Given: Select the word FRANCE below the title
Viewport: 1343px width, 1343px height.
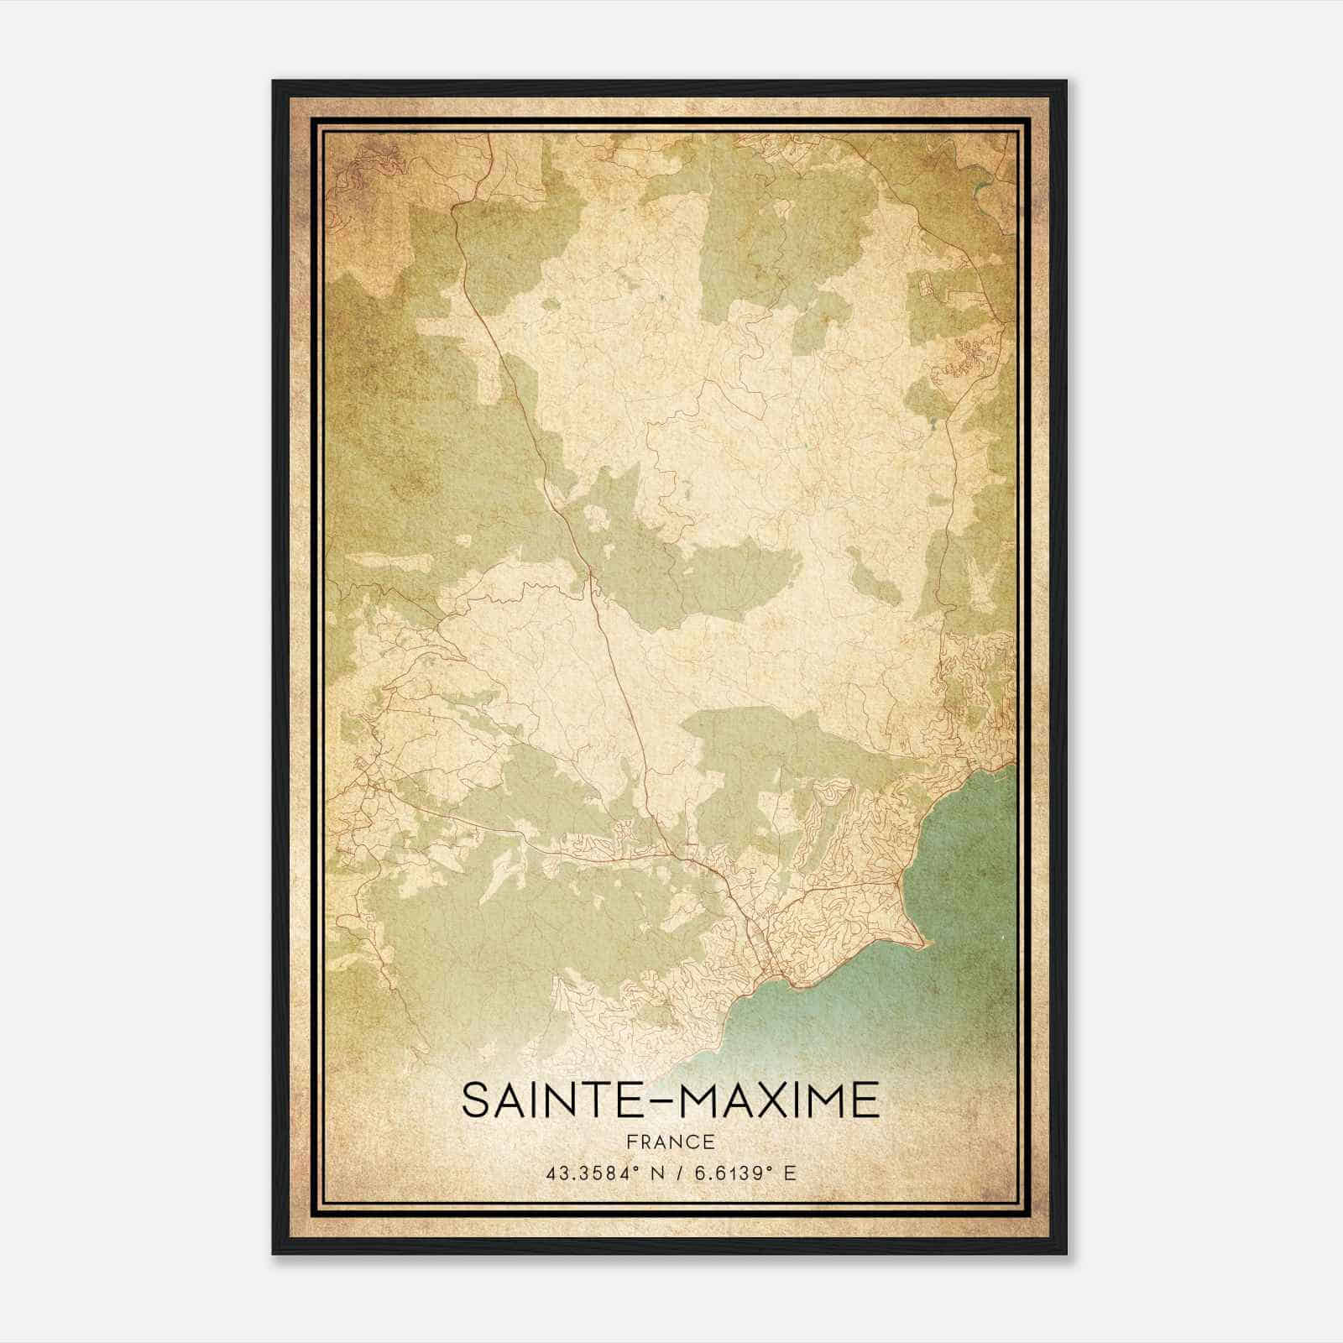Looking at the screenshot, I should click(x=670, y=1142).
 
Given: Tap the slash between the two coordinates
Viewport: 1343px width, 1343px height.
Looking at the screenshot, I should click(x=671, y=1173).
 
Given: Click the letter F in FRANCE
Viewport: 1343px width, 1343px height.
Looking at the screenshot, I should click(x=630, y=1142).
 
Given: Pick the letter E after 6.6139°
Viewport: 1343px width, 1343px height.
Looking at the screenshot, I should click(x=789, y=1173).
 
